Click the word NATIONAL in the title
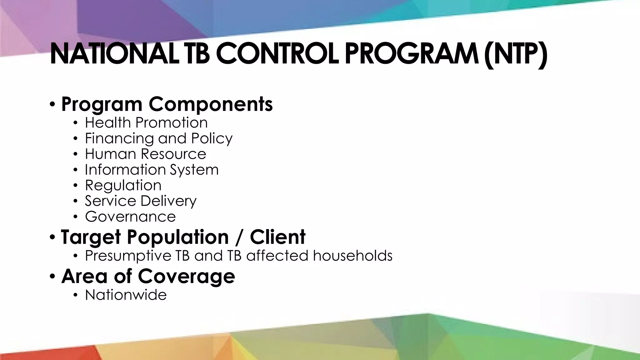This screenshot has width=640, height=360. (114, 54)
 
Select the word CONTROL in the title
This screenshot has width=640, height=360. (277, 54)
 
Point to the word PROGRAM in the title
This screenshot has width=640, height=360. (410, 54)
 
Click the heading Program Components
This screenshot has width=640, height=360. (167, 104)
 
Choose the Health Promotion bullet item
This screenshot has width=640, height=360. (146, 122)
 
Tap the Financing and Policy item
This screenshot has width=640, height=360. (159, 138)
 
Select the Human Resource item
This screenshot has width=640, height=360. (146, 154)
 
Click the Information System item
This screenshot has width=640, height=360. (152, 170)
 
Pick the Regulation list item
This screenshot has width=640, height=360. (123, 185)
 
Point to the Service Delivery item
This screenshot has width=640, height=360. (141, 201)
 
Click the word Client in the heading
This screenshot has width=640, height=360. (277, 237)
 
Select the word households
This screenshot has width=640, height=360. (353, 256)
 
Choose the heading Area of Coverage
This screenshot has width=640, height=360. (148, 276)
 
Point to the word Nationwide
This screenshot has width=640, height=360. (126, 295)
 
